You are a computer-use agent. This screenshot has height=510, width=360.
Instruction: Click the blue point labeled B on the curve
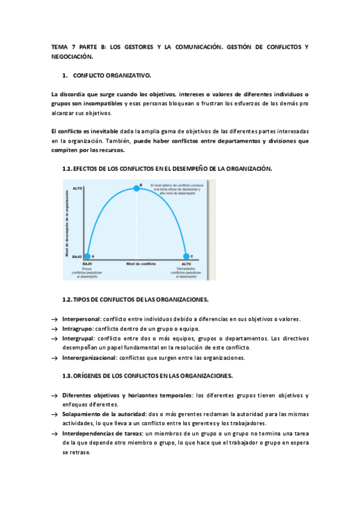pyautogui.click(x=136, y=188)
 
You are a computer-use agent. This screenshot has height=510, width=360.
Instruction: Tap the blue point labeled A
pyautogui.click(x=88, y=256)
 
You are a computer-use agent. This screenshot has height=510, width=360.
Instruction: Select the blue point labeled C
pyautogui.click(x=186, y=257)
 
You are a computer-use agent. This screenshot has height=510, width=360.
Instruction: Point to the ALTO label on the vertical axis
pyautogui.click(x=77, y=189)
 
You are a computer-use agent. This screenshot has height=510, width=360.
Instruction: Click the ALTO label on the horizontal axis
pyautogui.click(x=186, y=263)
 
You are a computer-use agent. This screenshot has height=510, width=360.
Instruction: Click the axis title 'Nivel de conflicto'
pyautogui.click(x=141, y=263)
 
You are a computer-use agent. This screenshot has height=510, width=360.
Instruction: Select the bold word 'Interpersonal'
pyautogui.click(x=81, y=319)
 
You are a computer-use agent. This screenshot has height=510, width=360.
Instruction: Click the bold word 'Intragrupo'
pyautogui.click(x=77, y=328)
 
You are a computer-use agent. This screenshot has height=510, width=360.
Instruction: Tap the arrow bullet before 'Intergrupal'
pyautogui.click(x=55, y=339)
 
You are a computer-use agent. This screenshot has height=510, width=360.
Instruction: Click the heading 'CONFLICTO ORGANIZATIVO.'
pyautogui.click(x=112, y=76)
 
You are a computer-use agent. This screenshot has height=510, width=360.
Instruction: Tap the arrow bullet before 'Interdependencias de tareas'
pyautogui.click(x=55, y=434)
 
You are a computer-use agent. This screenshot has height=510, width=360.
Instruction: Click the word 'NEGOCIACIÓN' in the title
pyautogui.click(x=73, y=57)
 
